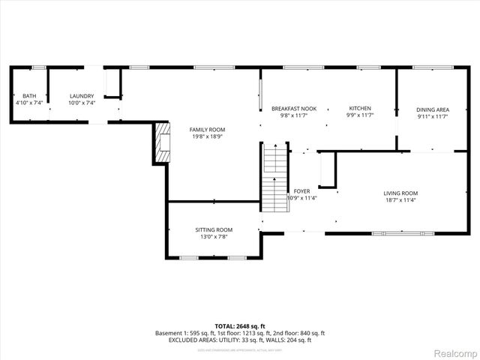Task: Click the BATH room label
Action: click(28, 96)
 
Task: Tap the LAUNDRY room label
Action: click(81, 96)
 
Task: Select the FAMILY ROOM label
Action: click(207, 130)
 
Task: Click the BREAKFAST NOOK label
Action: click(294, 109)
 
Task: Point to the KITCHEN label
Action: click(359, 109)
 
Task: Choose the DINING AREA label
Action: click(433, 109)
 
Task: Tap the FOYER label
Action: click(301, 191)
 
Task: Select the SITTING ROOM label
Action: click(214, 229)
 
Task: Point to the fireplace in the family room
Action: click(163, 142)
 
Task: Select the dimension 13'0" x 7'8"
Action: click(214, 237)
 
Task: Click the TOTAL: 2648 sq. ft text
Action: click(239, 326)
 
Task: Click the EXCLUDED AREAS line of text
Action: click(239, 340)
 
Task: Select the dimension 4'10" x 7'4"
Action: click(28, 103)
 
